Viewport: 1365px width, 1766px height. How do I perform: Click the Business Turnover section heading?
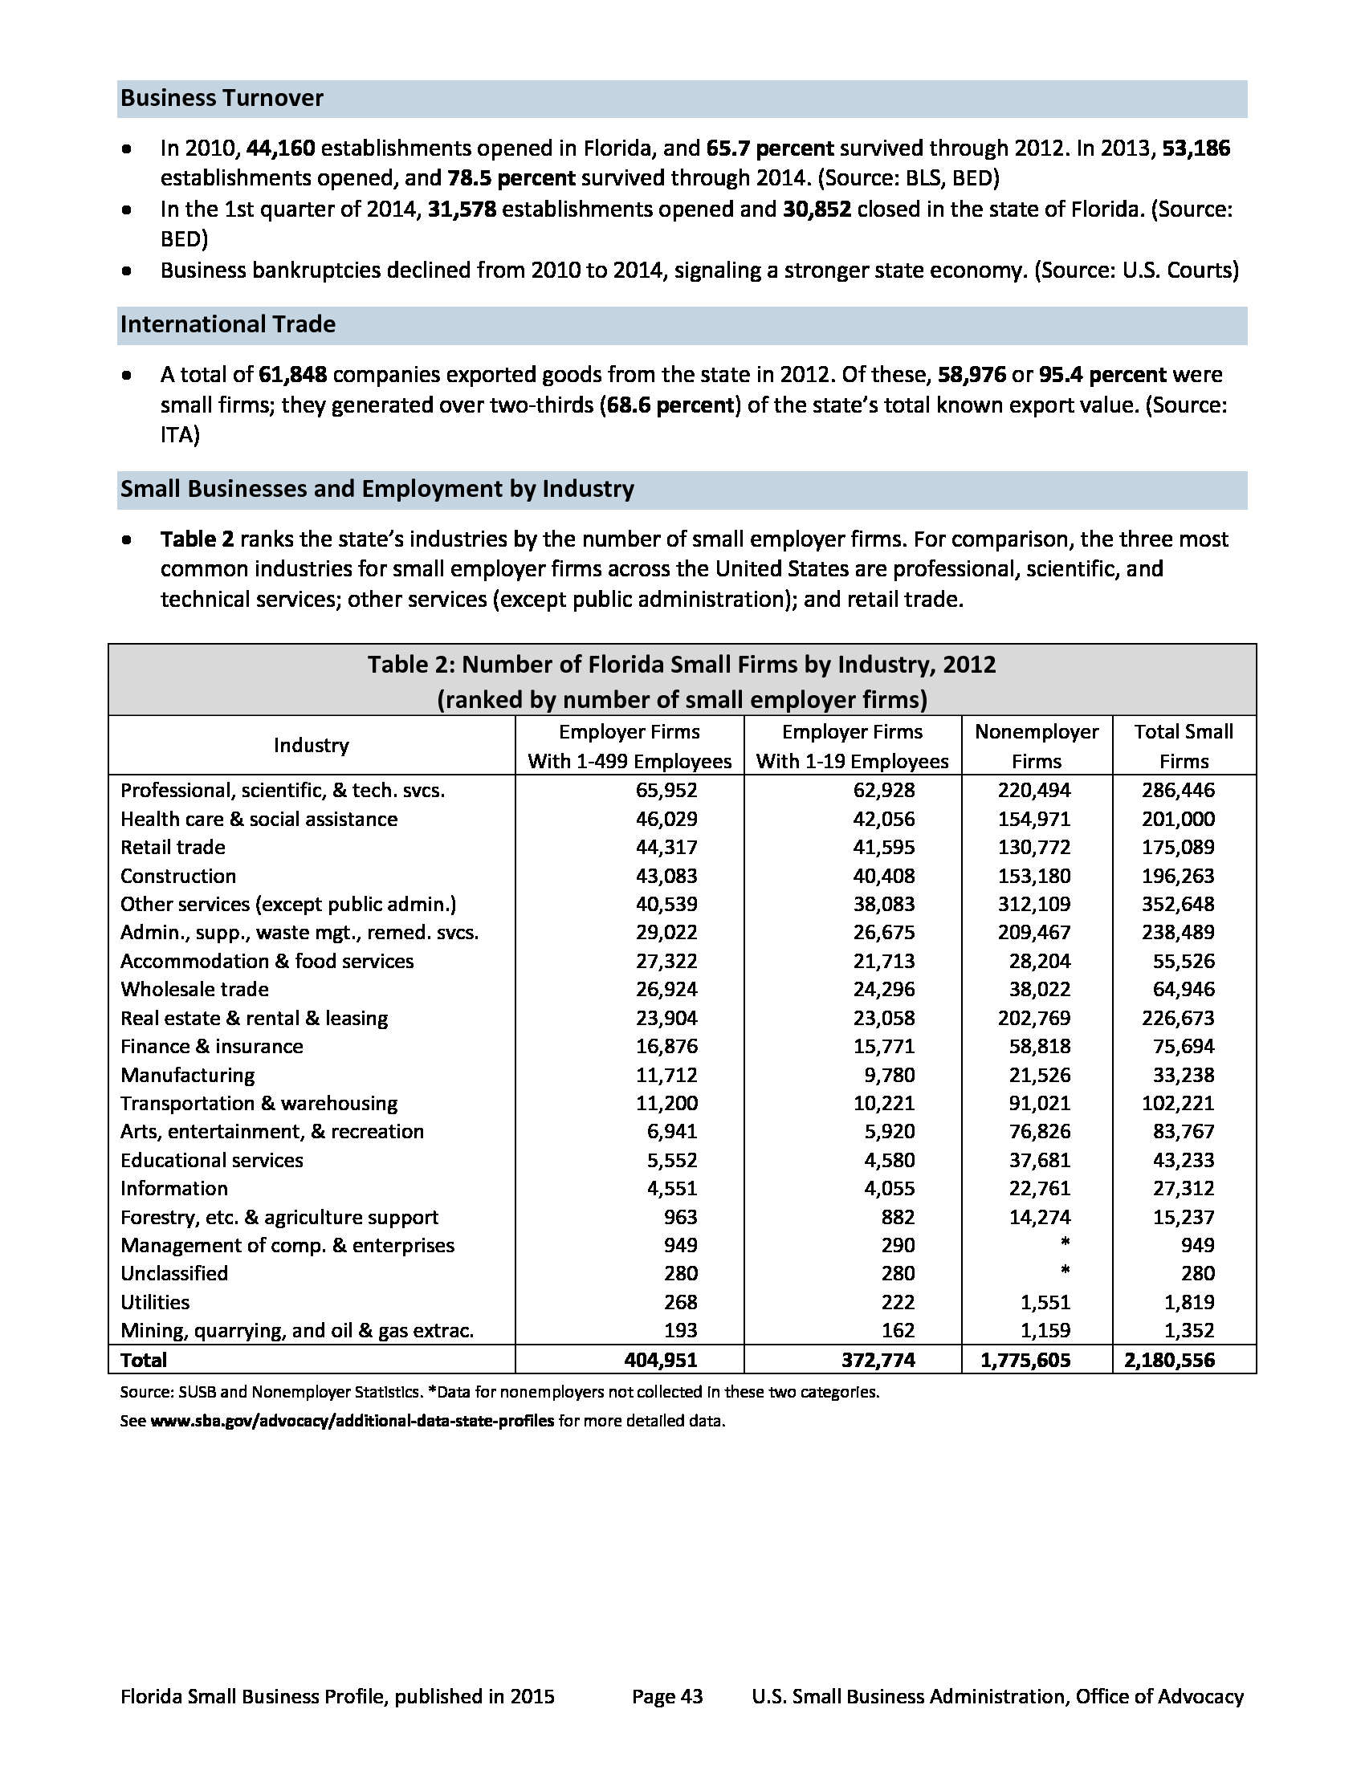[x=222, y=99]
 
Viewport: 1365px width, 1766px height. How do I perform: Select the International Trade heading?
[x=227, y=324]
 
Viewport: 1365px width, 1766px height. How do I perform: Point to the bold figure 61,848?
[x=293, y=375]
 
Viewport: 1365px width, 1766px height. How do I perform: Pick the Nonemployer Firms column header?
[x=1036, y=746]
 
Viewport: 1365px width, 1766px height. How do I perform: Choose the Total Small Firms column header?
[x=1183, y=746]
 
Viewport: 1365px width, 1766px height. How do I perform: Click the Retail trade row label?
[x=173, y=848]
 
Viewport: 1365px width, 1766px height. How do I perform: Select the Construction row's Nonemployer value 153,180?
[x=1033, y=876]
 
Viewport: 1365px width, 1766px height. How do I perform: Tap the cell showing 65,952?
[x=666, y=790]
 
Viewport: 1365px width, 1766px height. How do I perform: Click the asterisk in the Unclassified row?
[x=1065, y=1273]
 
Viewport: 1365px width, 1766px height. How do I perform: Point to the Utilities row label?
[x=154, y=1302]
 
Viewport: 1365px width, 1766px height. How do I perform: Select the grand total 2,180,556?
[x=1169, y=1360]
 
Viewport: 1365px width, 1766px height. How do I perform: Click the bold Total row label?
[x=143, y=1360]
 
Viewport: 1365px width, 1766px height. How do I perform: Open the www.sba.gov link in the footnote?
[x=352, y=1421]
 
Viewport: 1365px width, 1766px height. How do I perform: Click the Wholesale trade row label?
[x=194, y=989]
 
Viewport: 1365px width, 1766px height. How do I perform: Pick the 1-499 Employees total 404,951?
[x=661, y=1360]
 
